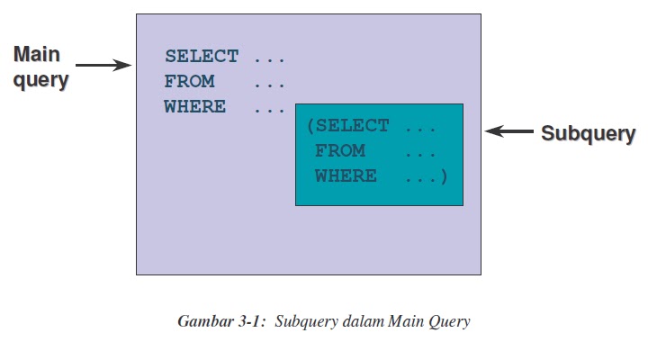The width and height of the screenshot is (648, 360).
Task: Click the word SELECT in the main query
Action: point(201,57)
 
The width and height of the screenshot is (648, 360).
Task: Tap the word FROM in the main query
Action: point(189,82)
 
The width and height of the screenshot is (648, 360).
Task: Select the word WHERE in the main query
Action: point(194,107)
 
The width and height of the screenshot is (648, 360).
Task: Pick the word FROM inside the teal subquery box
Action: point(340,151)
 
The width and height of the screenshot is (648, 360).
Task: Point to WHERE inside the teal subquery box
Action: point(346,176)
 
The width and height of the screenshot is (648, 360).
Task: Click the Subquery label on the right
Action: point(588,133)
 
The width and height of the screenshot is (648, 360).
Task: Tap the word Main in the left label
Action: point(37,55)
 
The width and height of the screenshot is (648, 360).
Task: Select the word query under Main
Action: point(40,79)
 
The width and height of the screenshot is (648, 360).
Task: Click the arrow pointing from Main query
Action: point(103,65)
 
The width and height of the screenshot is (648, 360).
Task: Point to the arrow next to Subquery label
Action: point(508,132)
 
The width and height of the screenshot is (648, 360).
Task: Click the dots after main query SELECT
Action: point(269,58)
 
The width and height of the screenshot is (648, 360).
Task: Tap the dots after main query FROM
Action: point(269,83)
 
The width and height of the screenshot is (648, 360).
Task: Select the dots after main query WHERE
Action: point(269,108)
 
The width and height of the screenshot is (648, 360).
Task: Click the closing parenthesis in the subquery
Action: point(443,176)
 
